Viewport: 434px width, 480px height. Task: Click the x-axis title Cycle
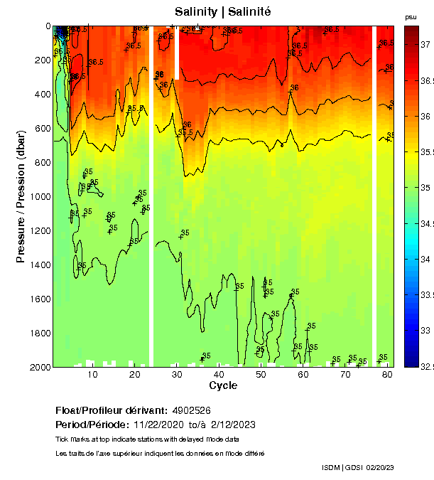click(x=223, y=385)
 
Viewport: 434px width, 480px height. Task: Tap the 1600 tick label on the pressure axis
click(x=37, y=299)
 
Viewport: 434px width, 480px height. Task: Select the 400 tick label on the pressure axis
click(x=40, y=94)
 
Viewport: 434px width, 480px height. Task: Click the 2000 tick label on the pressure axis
click(x=37, y=367)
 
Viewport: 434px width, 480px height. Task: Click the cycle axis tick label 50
click(x=261, y=374)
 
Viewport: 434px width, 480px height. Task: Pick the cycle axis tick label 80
click(x=388, y=374)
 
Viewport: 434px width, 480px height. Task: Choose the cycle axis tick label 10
click(x=92, y=374)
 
